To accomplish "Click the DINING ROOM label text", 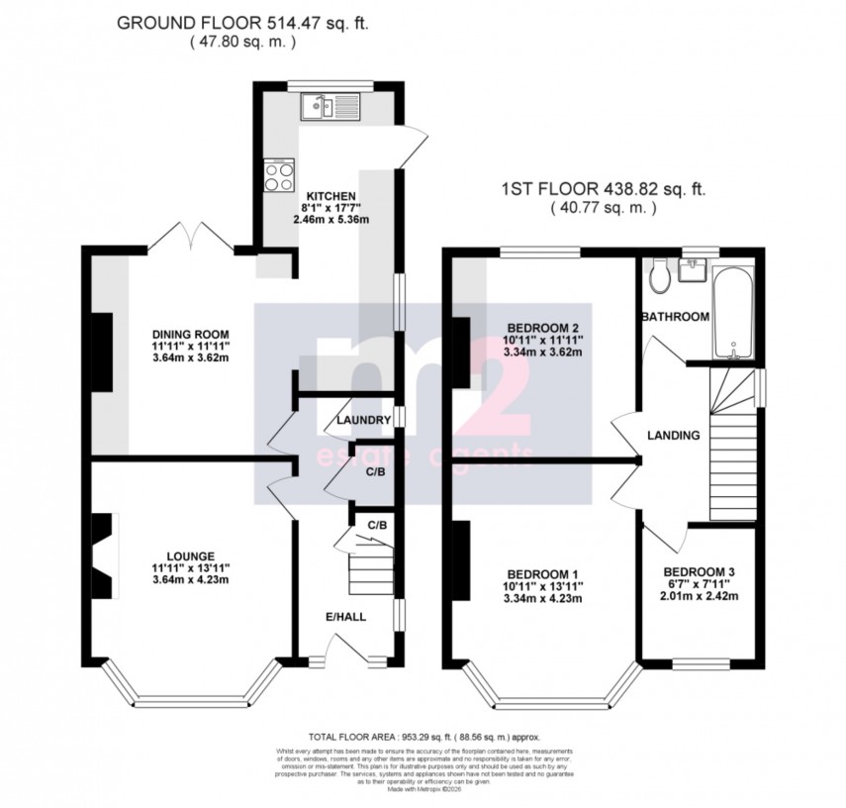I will click(x=190, y=334).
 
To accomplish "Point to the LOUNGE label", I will click(x=192, y=555).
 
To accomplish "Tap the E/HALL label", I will click(x=346, y=616).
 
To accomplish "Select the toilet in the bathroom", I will click(x=659, y=278).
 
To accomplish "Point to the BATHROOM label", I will click(x=675, y=317).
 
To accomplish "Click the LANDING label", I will click(x=674, y=435).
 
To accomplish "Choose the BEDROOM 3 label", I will click(x=700, y=571).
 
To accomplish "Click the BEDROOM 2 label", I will click(x=542, y=328).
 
